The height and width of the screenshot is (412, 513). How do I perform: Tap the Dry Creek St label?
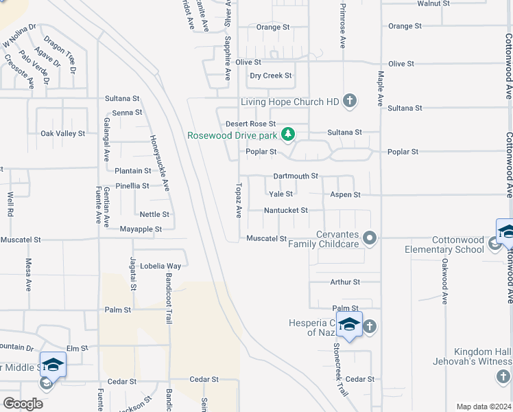(271, 76)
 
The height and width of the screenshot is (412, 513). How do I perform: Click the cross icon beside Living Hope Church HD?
(349, 102)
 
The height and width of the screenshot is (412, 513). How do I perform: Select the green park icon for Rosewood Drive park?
(289, 133)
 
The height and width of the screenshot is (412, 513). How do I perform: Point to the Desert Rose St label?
(251, 124)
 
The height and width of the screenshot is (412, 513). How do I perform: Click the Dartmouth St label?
(296, 176)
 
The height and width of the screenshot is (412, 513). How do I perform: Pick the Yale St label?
(281, 194)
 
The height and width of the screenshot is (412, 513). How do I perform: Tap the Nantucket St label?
(286, 210)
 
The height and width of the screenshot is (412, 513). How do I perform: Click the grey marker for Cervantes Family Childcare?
(370, 238)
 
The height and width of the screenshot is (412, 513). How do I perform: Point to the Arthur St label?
(344, 282)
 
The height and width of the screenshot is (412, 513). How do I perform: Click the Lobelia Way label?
(160, 266)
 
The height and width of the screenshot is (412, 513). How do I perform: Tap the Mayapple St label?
(140, 229)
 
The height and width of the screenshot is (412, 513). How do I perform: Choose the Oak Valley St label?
(62, 134)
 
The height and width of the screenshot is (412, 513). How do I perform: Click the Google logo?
(23, 404)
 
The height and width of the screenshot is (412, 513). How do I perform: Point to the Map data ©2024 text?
(484, 407)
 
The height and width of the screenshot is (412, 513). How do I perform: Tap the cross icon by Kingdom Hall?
(503, 376)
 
